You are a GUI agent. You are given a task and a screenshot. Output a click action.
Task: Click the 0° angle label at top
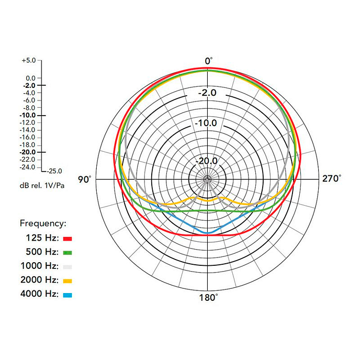tap(208, 61)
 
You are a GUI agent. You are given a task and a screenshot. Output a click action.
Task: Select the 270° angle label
tap(331, 178)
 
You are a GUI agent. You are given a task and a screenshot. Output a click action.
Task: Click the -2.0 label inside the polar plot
tap(207, 93)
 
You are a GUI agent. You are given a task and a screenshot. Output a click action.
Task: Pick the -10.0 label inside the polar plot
tap(207, 123)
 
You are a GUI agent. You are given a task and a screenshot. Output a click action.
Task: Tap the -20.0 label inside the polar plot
tap(207, 161)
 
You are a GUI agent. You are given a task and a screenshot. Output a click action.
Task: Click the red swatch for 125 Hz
tap(67, 238)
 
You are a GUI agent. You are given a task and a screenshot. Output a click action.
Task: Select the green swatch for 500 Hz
tap(67, 252)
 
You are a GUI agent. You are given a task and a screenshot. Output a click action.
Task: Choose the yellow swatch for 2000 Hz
tap(67, 280)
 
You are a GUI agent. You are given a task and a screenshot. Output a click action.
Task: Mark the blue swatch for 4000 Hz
tap(67, 295)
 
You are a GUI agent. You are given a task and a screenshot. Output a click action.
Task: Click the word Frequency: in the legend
tap(43, 223)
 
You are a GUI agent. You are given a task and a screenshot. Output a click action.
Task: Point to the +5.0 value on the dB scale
tap(29, 61)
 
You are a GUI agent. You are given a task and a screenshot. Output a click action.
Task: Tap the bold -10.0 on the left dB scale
tap(27, 115)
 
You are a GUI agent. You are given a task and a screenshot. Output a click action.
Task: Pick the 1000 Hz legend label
tap(39, 266)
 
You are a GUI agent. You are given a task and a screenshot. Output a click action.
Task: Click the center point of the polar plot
tap(207, 179)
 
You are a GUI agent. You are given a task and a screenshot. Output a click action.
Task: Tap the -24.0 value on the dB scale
tap(28, 167)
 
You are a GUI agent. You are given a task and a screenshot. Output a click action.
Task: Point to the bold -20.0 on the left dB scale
tap(27, 152)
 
